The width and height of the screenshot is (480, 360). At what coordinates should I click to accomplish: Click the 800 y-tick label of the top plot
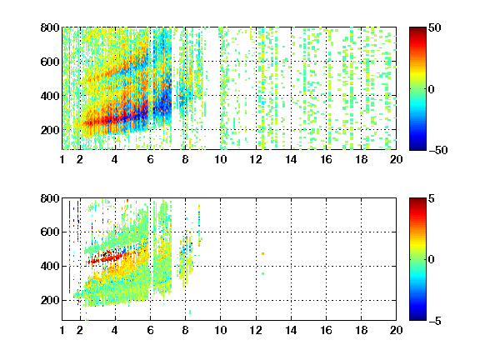point(50,27)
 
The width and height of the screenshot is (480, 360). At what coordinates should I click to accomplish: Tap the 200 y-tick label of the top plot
point(50,130)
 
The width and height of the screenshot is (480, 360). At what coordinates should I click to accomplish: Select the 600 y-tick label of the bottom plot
point(50,232)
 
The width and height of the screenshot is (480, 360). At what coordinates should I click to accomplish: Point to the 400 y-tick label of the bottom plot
point(50,266)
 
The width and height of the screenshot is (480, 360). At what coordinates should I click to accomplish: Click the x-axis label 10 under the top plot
point(220,159)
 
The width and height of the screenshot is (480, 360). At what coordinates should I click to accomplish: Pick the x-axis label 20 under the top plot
point(396,159)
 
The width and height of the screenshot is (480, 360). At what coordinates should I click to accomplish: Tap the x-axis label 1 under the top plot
point(62,159)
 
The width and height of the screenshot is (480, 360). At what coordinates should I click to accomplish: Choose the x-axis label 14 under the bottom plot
point(291,330)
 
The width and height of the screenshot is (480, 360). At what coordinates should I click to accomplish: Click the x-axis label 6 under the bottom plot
point(150,330)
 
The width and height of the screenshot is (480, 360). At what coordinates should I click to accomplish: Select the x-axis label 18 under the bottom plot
point(361,330)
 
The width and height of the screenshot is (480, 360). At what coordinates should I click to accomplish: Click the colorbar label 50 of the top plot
point(434,27)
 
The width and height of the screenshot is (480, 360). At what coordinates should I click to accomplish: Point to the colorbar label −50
point(437,150)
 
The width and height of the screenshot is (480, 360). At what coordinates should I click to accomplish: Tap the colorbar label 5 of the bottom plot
point(432,198)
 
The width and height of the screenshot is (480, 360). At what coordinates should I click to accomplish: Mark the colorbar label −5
point(435,321)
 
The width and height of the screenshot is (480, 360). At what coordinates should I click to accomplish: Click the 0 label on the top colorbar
point(432,89)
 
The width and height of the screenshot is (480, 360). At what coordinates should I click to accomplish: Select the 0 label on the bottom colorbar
point(432,260)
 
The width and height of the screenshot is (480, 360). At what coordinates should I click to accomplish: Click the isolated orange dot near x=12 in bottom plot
point(263,253)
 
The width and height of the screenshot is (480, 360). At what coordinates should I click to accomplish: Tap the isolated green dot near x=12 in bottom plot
point(263,273)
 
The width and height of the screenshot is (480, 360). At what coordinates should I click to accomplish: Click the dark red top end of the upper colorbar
point(417,29)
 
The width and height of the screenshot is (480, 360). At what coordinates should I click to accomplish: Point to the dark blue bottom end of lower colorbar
point(417,318)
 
